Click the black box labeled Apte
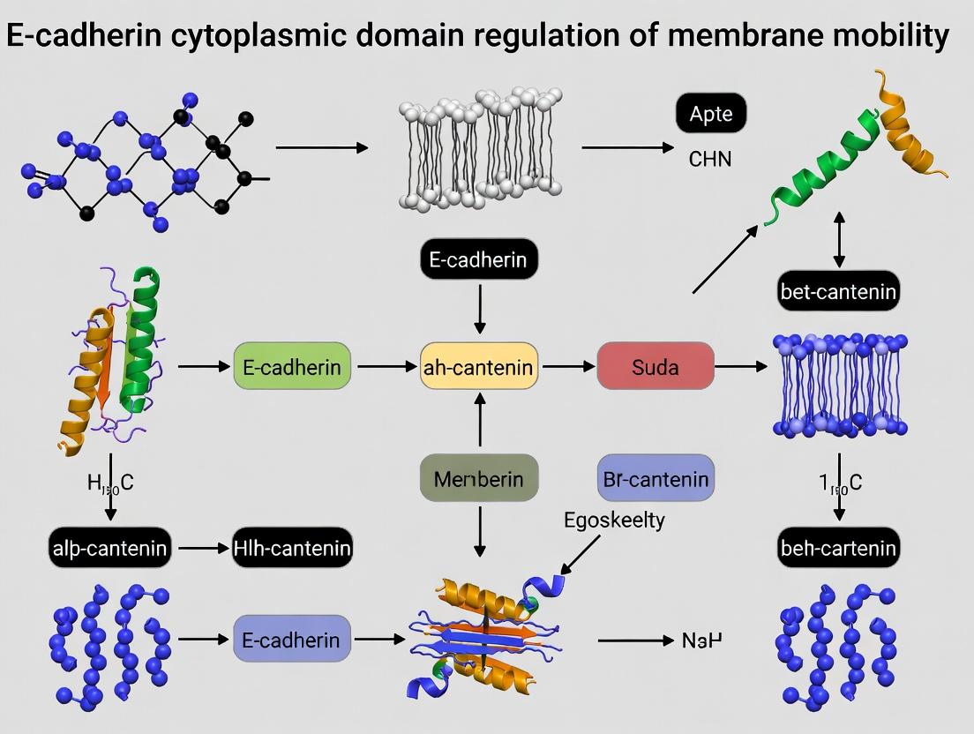710,114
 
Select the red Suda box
656,366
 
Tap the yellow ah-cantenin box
479,366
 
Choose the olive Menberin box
479,479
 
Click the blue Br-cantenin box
656,479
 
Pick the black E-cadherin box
479,259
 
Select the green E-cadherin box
292,366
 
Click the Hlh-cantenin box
292,548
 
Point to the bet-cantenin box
838,291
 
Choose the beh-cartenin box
838,548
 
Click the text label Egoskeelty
614,520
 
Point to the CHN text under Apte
709,160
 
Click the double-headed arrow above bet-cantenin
838,238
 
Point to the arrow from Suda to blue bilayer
740,366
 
